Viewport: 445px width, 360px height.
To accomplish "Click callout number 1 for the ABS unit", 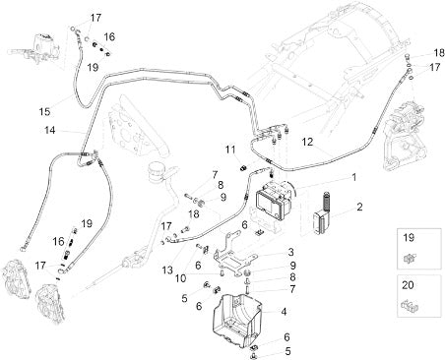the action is point(353,177).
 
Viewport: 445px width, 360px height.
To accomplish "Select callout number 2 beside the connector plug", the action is point(359,207).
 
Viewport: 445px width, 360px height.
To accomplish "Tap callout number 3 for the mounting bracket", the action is point(290,252).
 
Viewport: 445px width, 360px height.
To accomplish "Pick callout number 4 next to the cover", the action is point(284,311).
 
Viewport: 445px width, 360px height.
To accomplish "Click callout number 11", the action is point(230,150).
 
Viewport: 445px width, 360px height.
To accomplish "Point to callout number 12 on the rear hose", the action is point(308,142).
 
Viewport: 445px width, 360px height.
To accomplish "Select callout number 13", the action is point(167,270).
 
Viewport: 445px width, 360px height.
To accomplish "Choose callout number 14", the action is point(50,130).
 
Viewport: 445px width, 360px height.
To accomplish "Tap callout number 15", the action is point(44,111).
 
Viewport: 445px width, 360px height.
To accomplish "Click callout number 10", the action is point(180,278).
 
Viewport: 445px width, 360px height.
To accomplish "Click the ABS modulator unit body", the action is point(274,201).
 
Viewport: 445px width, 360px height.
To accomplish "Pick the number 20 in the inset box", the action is point(408,285).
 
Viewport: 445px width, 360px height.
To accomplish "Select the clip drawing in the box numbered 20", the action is point(409,306).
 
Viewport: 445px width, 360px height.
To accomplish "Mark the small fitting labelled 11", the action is point(242,168).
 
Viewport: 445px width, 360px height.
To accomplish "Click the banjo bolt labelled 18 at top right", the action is point(408,56).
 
